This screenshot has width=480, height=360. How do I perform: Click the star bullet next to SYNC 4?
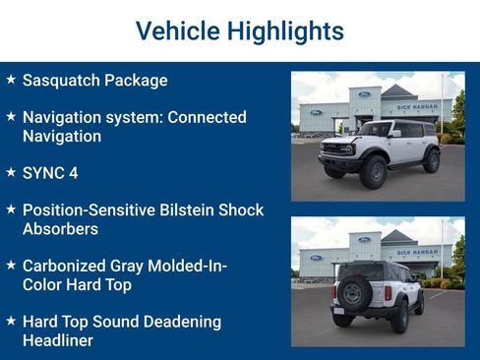tap(11, 172)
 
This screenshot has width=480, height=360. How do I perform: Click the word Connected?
tap(207, 117)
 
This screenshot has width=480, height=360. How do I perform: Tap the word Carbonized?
tap(65, 266)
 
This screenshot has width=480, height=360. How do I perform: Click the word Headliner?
tap(58, 340)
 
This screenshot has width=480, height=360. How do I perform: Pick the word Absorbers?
tap(61, 228)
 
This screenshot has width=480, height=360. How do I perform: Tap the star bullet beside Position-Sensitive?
tap(11, 210)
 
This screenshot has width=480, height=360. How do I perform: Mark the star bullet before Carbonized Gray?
tap(11, 265)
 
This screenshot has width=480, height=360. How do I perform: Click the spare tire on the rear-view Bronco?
tap(352, 293)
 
